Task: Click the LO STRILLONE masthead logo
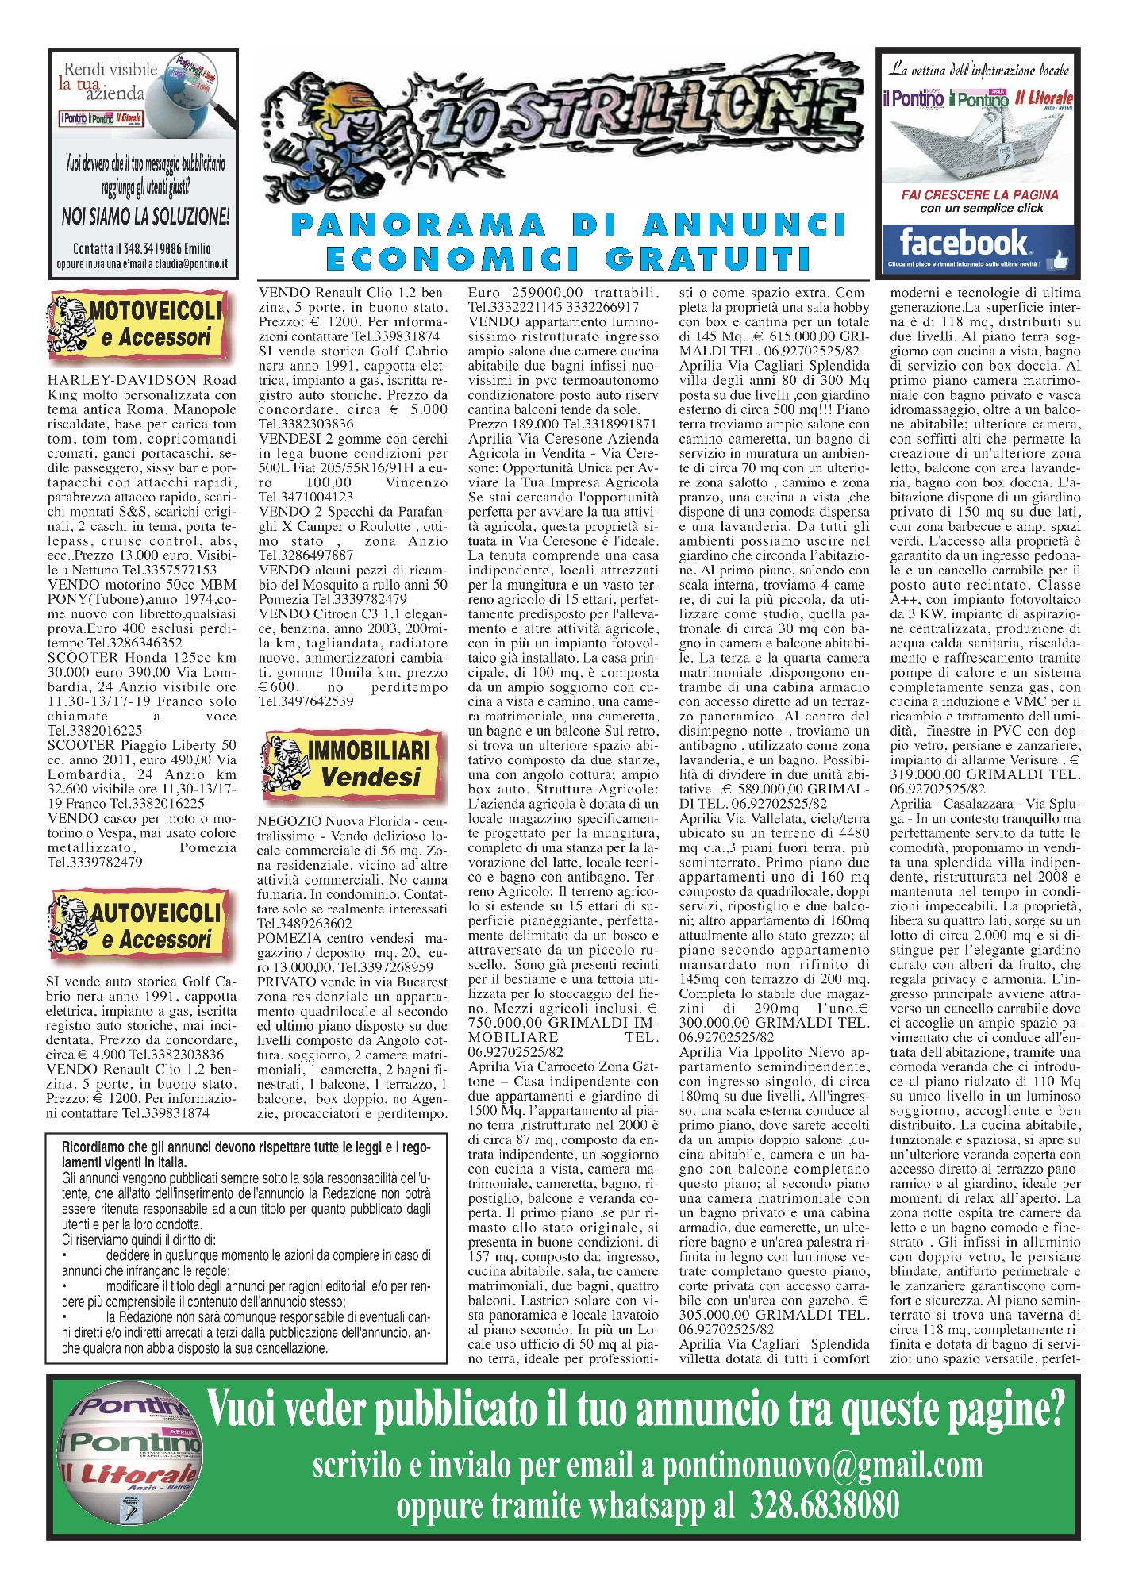coord(563,127)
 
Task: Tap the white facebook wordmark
coord(963,241)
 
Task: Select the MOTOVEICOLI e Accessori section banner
coord(138,324)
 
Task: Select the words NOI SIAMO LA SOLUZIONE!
coord(145,215)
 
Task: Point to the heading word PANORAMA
coord(418,225)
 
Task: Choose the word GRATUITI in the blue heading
coord(708,259)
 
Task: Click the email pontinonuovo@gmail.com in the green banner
coord(822,1464)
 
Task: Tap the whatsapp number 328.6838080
coord(824,1504)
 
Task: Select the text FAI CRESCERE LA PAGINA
coord(979,194)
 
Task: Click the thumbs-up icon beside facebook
coord(1059,260)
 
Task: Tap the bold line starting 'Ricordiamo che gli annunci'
coord(246,1147)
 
